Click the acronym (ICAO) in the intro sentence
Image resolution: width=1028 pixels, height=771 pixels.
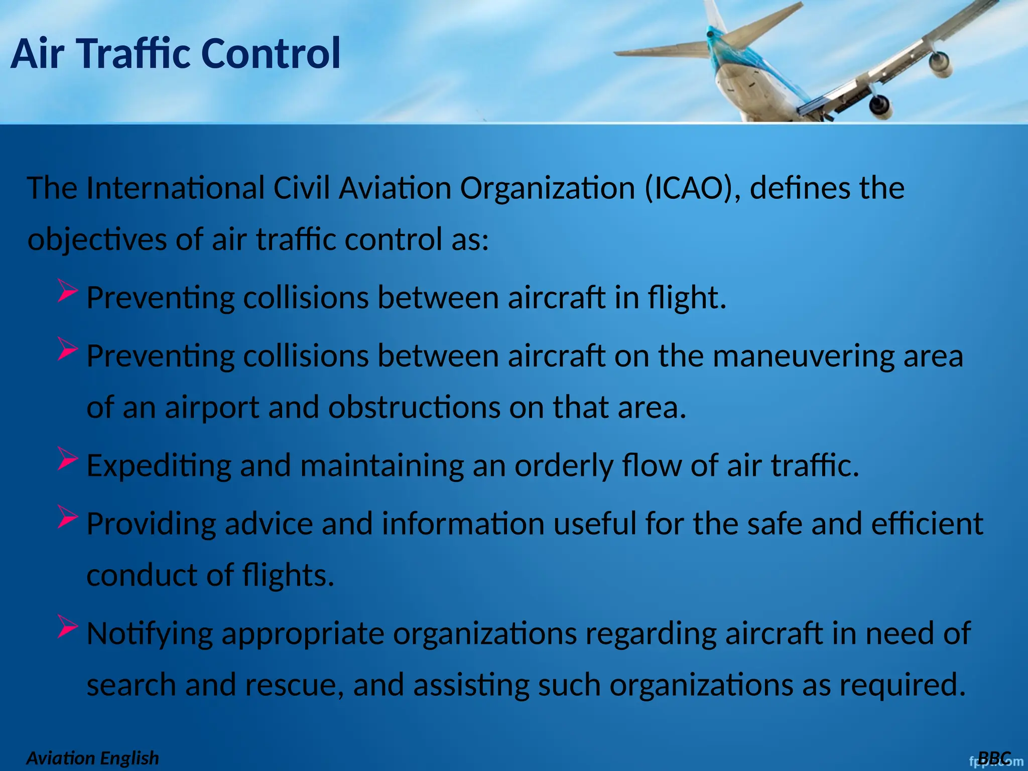(x=692, y=189)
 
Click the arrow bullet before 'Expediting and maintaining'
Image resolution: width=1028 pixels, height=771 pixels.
(x=67, y=458)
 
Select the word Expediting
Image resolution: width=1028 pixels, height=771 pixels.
(x=159, y=466)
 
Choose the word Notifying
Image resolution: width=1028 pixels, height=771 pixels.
(x=150, y=634)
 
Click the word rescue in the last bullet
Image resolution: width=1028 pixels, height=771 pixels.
(x=294, y=685)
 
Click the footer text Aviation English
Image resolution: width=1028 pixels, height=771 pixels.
(x=92, y=758)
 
